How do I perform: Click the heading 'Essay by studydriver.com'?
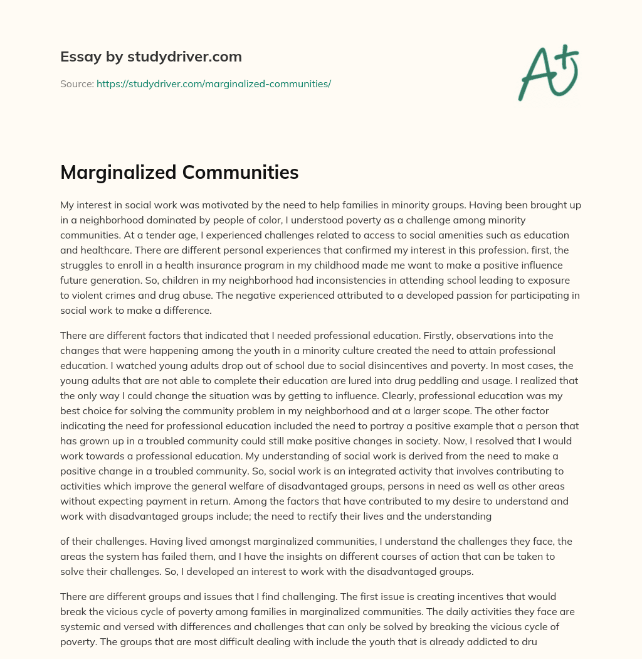(x=150, y=56)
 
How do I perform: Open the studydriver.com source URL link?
(x=213, y=83)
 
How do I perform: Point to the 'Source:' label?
(x=76, y=83)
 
